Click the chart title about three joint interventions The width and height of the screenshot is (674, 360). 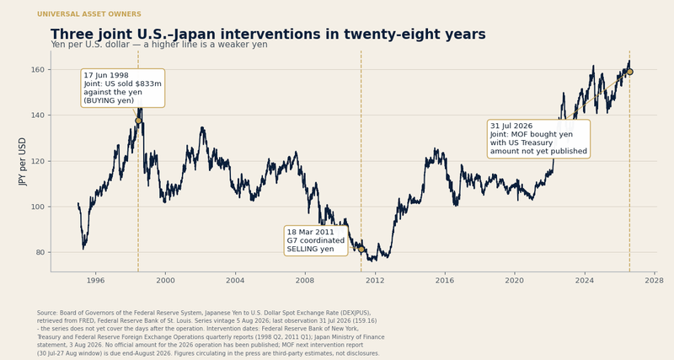(268, 34)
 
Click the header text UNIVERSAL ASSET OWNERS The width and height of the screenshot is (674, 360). (89, 14)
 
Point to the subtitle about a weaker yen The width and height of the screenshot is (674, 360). (159, 45)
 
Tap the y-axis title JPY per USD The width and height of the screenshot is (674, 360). (23, 162)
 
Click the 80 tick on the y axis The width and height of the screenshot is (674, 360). (40, 252)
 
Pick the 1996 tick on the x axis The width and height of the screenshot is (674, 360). (95, 281)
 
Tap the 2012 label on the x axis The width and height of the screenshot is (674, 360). (375, 281)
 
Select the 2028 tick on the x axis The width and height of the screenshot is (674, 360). (655, 281)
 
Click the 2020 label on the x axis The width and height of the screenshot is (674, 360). (515, 281)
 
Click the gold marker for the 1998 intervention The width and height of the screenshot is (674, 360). (138, 121)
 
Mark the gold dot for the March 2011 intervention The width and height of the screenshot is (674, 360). (361, 250)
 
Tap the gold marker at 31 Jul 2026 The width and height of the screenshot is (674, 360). (629, 72)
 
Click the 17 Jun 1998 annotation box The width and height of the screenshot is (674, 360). (123, 88)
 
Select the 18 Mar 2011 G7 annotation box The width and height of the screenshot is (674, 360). (316, 240)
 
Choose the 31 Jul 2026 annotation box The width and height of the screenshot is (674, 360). (538, 138)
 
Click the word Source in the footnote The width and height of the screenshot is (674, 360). (47, 313)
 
